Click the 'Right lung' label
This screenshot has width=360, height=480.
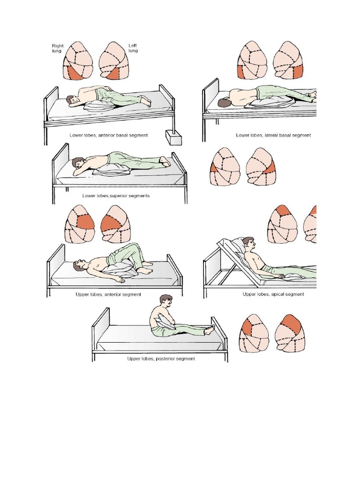58,48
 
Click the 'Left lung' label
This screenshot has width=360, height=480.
133,48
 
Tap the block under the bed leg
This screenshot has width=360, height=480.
173,137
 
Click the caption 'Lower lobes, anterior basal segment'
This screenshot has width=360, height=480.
109,135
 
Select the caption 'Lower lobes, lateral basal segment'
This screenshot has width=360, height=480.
273,135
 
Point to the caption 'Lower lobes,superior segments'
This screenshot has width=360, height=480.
116,195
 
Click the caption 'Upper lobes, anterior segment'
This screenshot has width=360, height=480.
108,294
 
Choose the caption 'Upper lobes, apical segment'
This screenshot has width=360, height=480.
273,294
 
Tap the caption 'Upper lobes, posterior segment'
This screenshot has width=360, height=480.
161,359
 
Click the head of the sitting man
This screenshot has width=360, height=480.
166,302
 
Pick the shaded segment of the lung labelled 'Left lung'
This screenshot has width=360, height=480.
115,74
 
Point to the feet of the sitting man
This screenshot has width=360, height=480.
210,330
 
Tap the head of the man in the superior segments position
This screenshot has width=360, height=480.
78,162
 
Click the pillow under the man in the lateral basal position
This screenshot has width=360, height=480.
269,103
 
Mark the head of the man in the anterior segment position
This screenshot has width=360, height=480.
78,265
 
